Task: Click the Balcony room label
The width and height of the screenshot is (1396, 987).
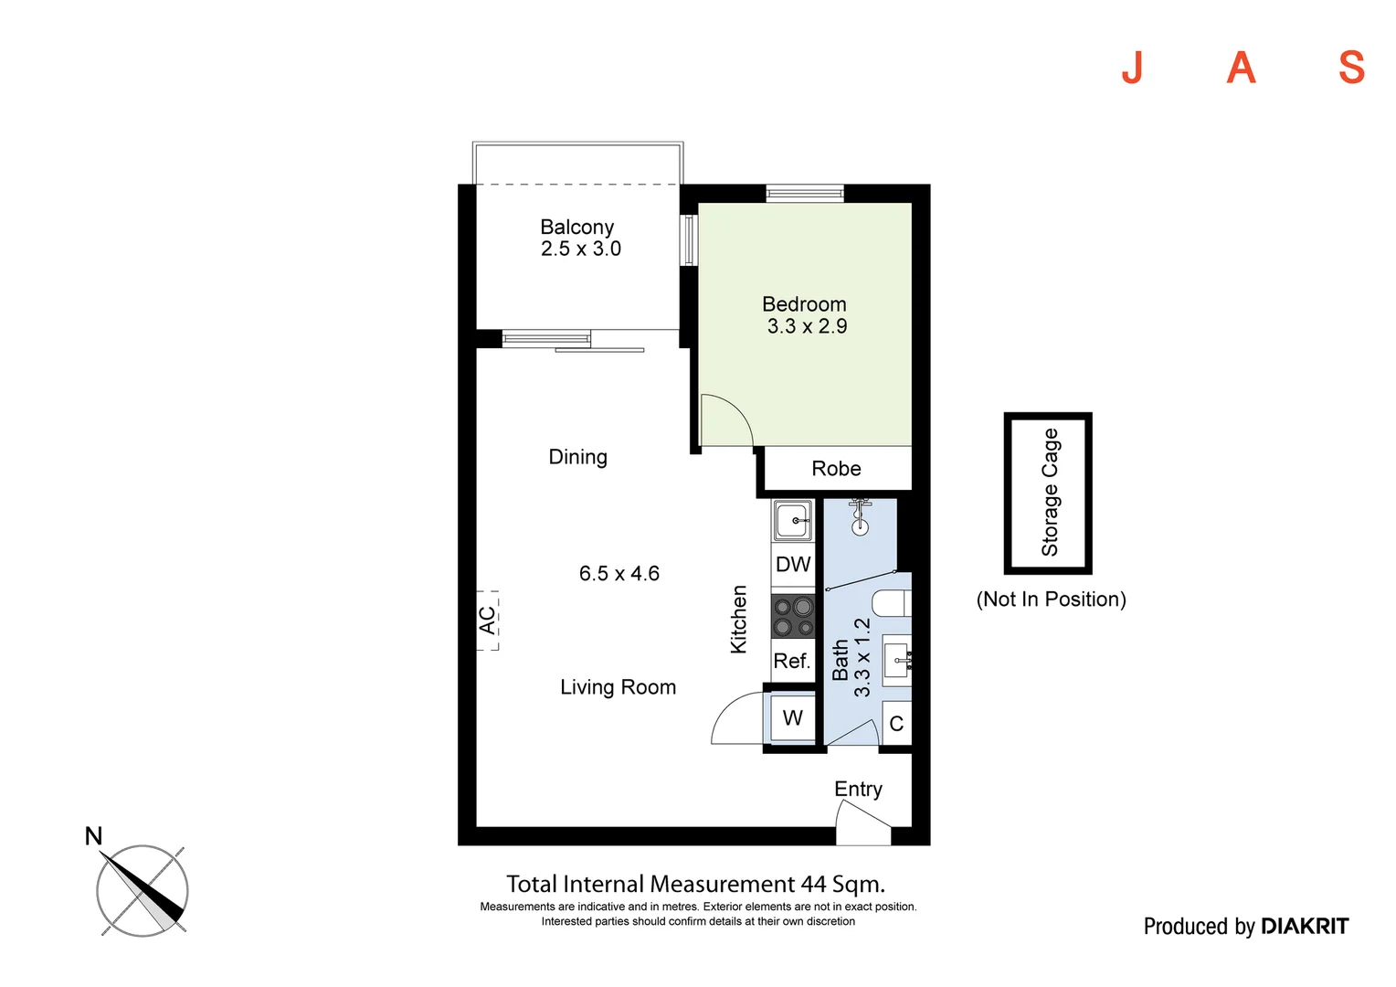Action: point(576,227)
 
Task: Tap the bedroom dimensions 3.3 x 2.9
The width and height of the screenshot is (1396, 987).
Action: point(807,326)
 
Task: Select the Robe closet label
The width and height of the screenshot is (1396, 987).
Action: point(836,469)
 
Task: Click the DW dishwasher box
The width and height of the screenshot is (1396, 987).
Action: point(793,565)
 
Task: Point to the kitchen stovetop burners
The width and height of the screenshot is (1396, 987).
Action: point(793,616)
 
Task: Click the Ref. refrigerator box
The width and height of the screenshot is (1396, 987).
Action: point(792,661)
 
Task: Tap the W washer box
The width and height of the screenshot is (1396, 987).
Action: point(793,718)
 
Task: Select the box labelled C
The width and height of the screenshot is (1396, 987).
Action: point(896,724)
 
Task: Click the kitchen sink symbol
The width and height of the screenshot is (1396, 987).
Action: point(792,521)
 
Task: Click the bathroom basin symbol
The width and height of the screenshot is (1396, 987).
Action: point(897,658)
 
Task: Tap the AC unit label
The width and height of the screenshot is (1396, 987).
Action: point(488,621)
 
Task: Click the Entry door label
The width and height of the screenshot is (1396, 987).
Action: point(858,789)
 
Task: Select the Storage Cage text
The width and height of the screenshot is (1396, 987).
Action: point(1050,493)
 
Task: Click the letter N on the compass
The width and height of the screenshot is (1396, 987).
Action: point(93,836)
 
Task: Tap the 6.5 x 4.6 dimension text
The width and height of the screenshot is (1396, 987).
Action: point(619,574)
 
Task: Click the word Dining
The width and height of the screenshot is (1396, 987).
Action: point(577,457)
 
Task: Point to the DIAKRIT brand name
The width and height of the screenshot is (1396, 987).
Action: point(1304,927)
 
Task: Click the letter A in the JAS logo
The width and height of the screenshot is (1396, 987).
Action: point(1241,68)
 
